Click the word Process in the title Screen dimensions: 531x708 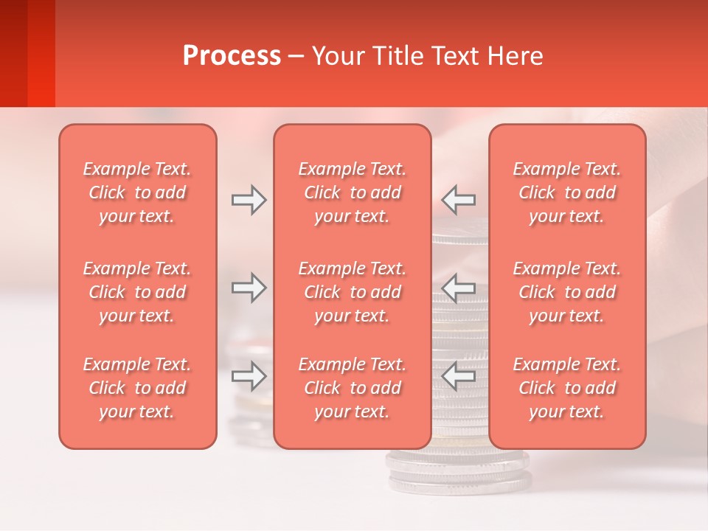pyautogui.click(x=232, y=56)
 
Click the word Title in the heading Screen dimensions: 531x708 pyautogui.click(x=398, y=56)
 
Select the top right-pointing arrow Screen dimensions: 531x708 pyautogui.click(x=249, y=200)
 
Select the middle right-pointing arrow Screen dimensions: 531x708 pyautogui.click(x=249, y=288)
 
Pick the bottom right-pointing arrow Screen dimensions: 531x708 pyautogui.click(x=249, y=376)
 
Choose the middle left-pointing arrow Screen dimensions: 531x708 pyautogui.click(x=459, y=288)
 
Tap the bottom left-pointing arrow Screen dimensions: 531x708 pyautogui.click(x=459, y=376)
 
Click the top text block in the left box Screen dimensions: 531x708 pyautogui.click(x=137, y=192)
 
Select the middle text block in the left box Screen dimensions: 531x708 pyautogui.click(x=137, y=292)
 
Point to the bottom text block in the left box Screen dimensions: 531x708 pyautogui.click(x=137, y=388)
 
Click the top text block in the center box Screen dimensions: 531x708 pyautogui.click(x=353, y=192)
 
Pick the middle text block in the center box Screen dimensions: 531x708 pyautogui.click(x=353, y=292)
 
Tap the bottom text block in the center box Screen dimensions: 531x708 pyautogui.click(x=353, y=388)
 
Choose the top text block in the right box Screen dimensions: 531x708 pyautogui.click(x=567, y=192)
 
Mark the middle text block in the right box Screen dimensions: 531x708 pyautogui.click(x=567, y=292)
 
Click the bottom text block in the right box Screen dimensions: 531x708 pyautogui.click(x=567, y=388)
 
